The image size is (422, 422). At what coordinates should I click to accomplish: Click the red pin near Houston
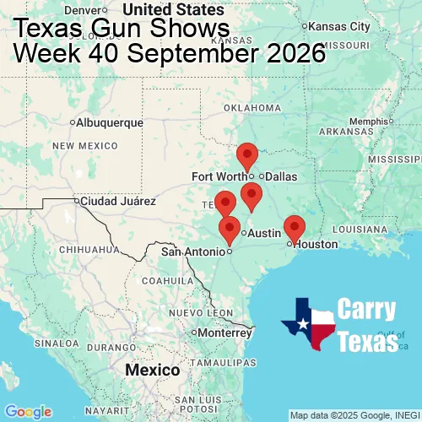click(294, 227)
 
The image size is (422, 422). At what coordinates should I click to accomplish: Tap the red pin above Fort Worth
click(246, 155)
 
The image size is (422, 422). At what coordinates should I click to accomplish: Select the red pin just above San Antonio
click(229, 229)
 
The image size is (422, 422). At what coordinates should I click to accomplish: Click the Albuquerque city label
click(109, 122)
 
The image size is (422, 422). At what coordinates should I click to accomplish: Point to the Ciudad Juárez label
click(117, 202)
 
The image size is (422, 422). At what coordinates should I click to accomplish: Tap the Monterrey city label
click(225, 333)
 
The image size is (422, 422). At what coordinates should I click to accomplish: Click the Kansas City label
click(341, 27)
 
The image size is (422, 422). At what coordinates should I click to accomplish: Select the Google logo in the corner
click(27, 411)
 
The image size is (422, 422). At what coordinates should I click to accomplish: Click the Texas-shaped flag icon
click(308, 324)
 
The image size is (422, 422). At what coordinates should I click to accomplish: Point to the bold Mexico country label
click(152, 371)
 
